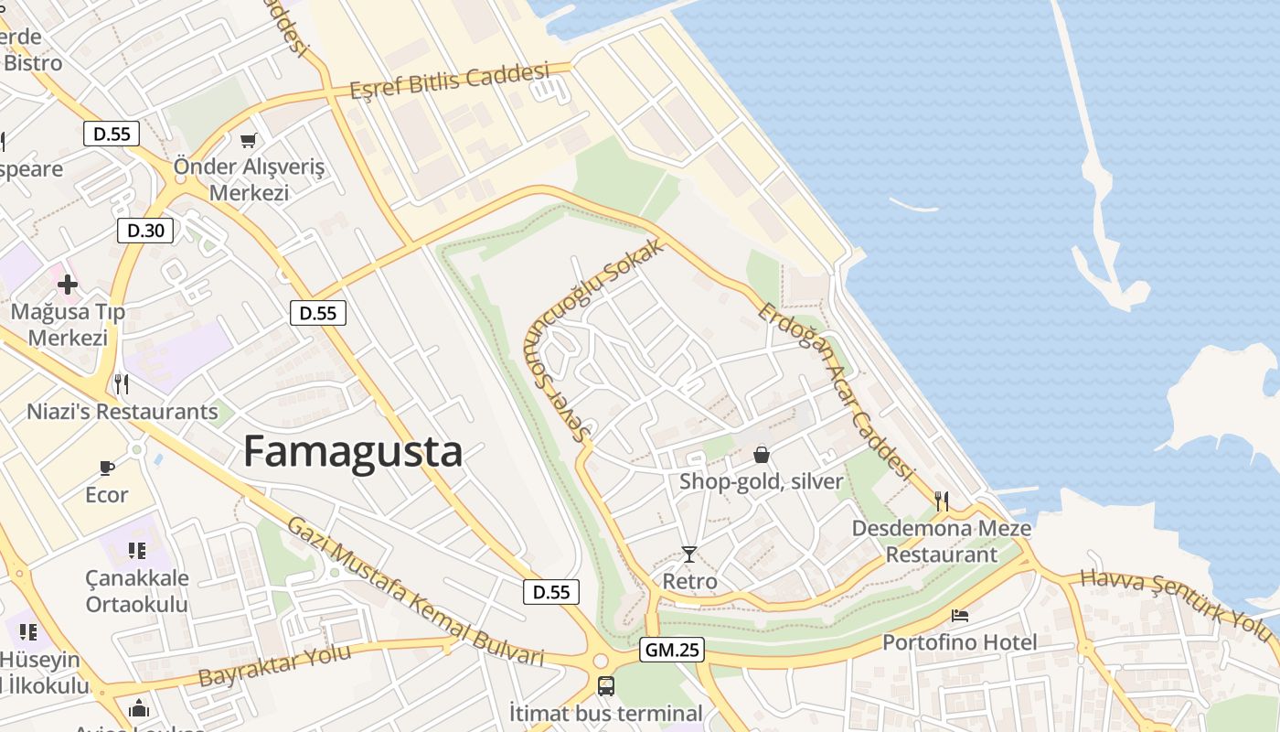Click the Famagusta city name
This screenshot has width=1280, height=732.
tap(352, 452)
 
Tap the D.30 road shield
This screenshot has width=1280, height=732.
tap(145, 230)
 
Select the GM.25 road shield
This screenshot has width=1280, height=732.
tap(671, 650)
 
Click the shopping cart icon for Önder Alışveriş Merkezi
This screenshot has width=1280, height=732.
tap(248, 140)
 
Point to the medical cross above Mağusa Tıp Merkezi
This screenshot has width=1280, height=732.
tap(68, 284)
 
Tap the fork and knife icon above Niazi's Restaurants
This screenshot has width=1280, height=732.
tap(121, 383)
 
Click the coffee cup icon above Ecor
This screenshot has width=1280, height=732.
tap(107, 468)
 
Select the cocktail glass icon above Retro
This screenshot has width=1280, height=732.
tap(689, 554)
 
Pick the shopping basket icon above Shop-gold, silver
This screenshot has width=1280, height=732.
tap(761, 454)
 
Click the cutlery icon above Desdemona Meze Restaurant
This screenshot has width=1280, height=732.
tap(942, 501)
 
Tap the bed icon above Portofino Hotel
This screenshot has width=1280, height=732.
tap(959, 615)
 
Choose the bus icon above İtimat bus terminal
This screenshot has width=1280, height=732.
tap(605, 685)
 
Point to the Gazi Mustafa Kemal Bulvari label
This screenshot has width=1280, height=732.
tap(415, 593)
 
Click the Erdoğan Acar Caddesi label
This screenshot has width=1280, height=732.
tap(837, 392)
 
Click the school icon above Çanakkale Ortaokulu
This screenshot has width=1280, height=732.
tap(137, 550)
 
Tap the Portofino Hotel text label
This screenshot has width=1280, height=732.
tap(959, 642)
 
